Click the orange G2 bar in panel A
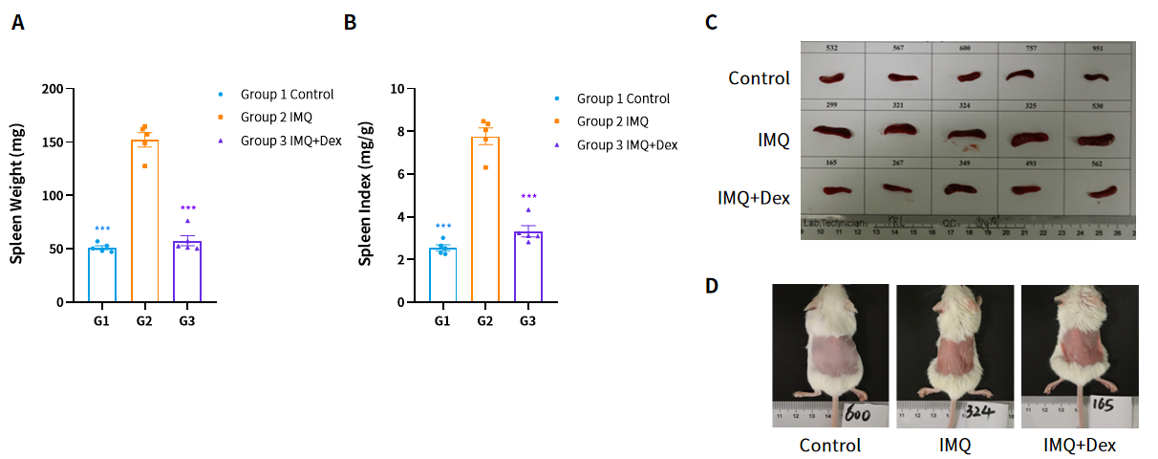(x=144, y=220)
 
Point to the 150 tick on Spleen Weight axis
(x=59, y=142)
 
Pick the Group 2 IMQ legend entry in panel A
(x=276, y=118)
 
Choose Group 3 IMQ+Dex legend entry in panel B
(x=627, y=145)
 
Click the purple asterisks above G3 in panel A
(x=187, y=208)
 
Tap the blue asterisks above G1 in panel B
(x=441, y=227)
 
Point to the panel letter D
(x=712, y=286)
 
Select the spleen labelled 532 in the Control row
(x=832, y=77)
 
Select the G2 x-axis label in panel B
(x=484, y=321)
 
